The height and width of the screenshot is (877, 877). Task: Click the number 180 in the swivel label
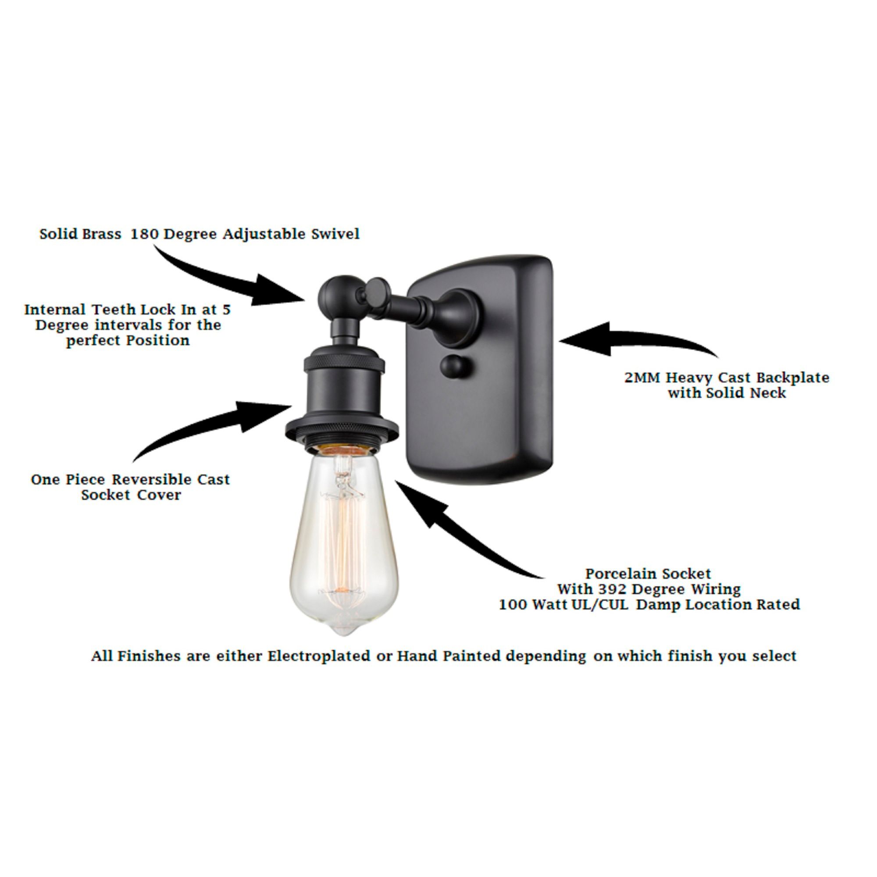145,234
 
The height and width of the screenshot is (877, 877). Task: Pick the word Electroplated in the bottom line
319,656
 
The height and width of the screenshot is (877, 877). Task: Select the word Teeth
114,310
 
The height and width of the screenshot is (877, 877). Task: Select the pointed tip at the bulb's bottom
344,631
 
